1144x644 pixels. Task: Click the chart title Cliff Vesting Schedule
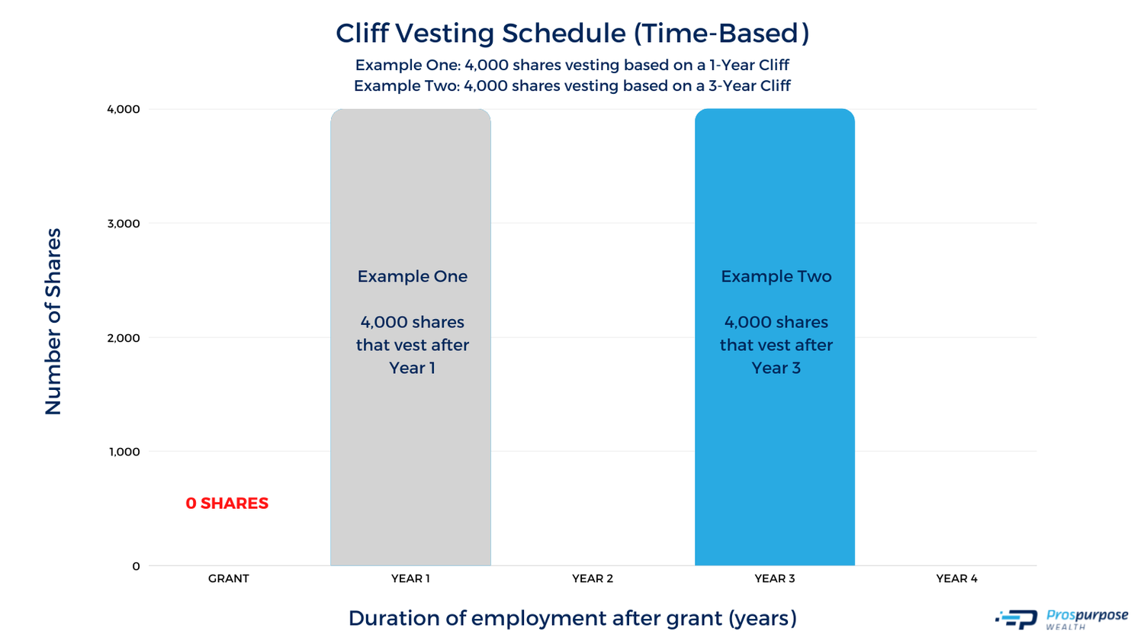(x=572, y=34)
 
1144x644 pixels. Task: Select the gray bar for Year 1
(x=410, y=458)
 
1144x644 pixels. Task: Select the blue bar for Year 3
(x=774, y=458)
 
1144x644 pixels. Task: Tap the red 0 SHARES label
(x=227, y=504)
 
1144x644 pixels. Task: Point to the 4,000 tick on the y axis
(x=124, y=109)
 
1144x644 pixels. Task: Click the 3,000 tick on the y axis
(x=124, y=224)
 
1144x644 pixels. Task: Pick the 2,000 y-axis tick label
(x=124, y=338)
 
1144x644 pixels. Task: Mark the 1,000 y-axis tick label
(x=124, y=452)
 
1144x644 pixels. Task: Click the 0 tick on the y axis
(x=136, y=566)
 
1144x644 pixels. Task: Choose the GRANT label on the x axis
(x=229, y=578)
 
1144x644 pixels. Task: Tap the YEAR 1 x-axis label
(x=410, y=578)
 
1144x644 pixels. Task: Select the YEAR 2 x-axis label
(x=593, y=578)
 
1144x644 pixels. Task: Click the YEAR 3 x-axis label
(x=774, y=578)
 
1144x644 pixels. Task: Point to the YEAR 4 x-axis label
(x=956, y=578)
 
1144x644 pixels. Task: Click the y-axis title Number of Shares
(x=53, y=321)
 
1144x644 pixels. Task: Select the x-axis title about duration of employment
(x=572, y=618)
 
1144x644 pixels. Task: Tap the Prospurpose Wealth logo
(x=1062, y=619)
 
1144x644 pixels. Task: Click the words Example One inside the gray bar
(x=412, y=276)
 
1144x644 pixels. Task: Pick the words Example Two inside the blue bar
(x=776, y=276)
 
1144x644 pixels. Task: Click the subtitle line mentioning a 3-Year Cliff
(x=572, y=85)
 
